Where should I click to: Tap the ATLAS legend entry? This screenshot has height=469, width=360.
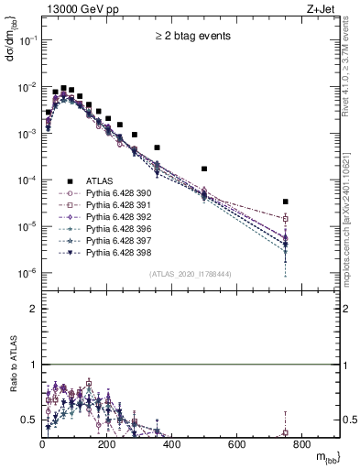point(99,181)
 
